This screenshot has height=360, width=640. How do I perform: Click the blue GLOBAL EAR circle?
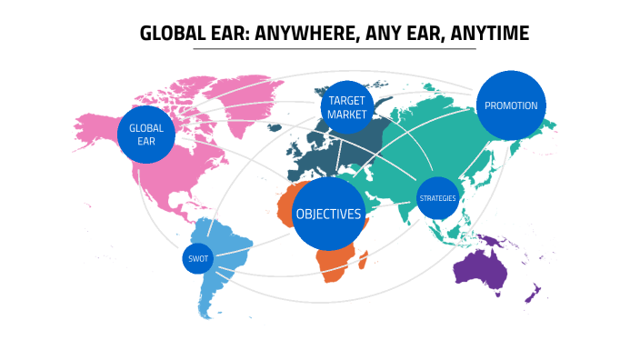[x=145, y=135]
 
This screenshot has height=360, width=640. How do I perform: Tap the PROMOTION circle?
[x=511, y=105]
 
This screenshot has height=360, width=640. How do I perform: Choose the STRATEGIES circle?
[x=438, y=198]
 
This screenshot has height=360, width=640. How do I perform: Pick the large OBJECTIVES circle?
[x=328, y=215]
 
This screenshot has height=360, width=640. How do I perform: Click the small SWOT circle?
[x=197, y=259]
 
